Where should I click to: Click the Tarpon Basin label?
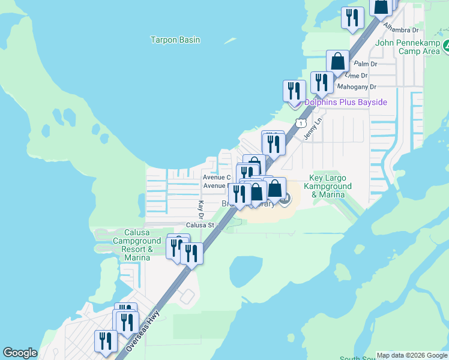[x=175, y=40]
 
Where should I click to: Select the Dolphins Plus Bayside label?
[x=346, y=103]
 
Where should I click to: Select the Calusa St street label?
[x=200, y=225]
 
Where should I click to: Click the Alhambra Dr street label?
[x=401, y=28]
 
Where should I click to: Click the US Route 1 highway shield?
[x=300, y=123]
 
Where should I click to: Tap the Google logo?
[x=20, y=353]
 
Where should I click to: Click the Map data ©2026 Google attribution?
[x=411, y=355]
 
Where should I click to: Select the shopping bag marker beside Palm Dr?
[x=338, y=61]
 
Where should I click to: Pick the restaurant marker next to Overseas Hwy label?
[x=106, y=341]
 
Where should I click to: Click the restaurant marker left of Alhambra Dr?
[x=352, y=18]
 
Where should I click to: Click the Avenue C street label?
[x=217, y=178]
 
